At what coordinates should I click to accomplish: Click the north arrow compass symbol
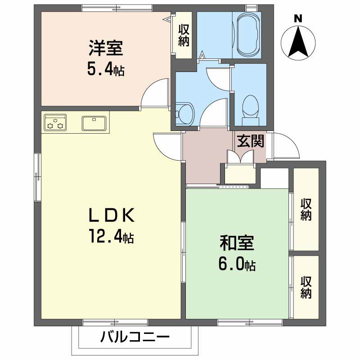point(297,43)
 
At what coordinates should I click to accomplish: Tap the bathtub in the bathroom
point(247,34)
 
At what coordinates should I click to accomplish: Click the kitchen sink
point(94,123)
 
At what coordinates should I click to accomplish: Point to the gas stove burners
point(55,123)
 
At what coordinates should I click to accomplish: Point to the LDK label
point(110,216)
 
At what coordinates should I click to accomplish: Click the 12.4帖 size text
point(110,237)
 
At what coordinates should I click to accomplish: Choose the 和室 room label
point(237,243)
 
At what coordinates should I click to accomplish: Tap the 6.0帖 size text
point(237,264)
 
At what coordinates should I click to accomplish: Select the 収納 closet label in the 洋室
point(183,35)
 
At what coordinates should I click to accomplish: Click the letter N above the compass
point(297,18)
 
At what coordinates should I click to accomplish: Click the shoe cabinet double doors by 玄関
point(240,158)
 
